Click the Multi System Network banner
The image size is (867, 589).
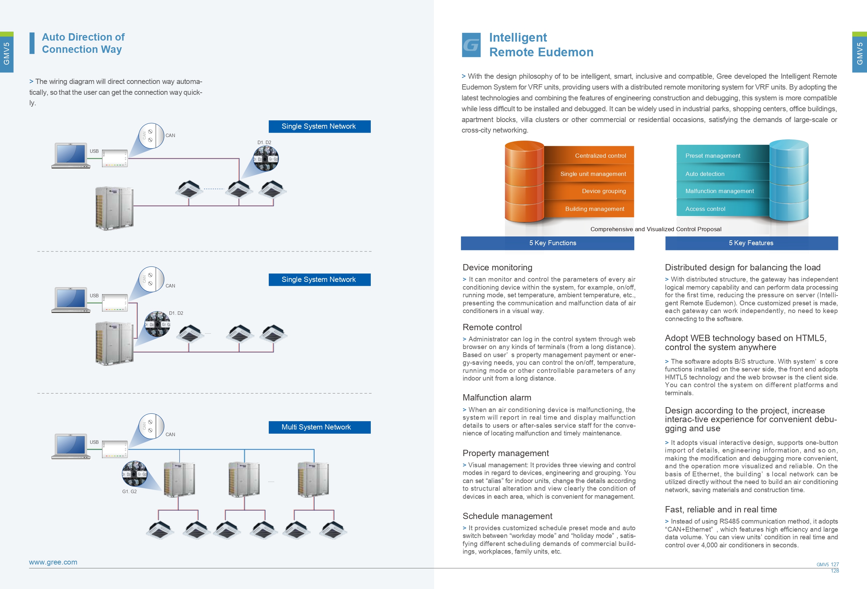[319, 427]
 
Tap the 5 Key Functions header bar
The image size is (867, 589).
[547, 243]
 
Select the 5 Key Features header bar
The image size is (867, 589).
[751, 243]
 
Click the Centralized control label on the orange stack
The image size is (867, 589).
[600, 156]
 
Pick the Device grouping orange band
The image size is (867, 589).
[590, 191]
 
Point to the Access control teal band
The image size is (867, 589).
[723, 209]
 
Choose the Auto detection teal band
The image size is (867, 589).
[723, 174]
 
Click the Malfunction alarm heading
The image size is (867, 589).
[497, 397]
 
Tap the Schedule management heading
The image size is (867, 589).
[507, 516]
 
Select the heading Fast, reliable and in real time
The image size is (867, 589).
[721, 510]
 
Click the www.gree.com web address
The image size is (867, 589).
[53, 562]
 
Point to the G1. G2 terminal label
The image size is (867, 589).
[129, 491]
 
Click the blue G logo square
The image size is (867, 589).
[471, 45]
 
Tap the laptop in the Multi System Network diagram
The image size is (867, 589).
[71, 446]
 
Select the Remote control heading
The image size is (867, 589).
[492, 327]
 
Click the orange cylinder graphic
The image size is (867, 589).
[524, 182]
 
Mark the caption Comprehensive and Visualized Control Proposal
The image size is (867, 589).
[656, 229]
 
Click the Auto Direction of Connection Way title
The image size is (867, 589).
[83, 43]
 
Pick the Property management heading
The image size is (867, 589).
[506, 453]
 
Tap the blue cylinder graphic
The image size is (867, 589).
[789, 180]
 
